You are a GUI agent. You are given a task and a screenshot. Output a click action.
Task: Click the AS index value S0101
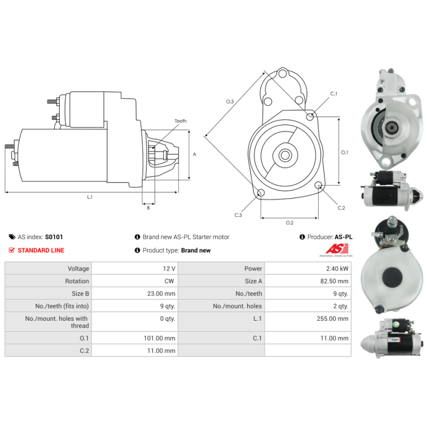[54, 237]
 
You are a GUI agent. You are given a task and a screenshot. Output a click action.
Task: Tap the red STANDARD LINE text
[41, 250]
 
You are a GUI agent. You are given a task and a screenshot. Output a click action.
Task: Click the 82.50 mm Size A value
[334, 281]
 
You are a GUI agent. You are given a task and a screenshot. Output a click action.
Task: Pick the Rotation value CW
[169, 281]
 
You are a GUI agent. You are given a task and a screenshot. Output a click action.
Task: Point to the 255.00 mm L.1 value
[332, 319]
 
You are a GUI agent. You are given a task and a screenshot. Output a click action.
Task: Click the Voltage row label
[78, 269]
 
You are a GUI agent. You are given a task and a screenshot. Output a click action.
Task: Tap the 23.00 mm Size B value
[161, 294]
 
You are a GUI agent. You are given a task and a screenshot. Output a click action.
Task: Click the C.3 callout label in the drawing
[238, 215]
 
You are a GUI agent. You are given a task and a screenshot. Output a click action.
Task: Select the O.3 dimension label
[230, 101]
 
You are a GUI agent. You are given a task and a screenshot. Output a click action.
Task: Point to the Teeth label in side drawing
[180, 121]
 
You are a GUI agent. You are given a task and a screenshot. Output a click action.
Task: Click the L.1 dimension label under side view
[90, 197]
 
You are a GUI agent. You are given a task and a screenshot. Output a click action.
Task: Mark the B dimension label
[148, 208]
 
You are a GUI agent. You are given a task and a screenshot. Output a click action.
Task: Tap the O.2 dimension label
[289, 223]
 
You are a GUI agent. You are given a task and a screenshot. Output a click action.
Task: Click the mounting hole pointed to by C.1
[310, 116]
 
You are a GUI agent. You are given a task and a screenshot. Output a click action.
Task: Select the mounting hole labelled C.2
[318, 185]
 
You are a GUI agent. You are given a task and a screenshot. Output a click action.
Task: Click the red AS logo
[337, 249]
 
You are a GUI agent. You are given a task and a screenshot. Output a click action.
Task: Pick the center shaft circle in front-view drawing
[285, 155]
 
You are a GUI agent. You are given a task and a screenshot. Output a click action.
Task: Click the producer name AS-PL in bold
[343, 237]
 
